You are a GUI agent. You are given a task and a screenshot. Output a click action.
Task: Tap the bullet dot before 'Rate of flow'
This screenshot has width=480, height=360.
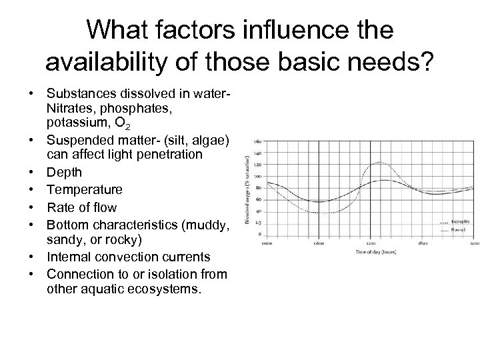pos(31,207)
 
